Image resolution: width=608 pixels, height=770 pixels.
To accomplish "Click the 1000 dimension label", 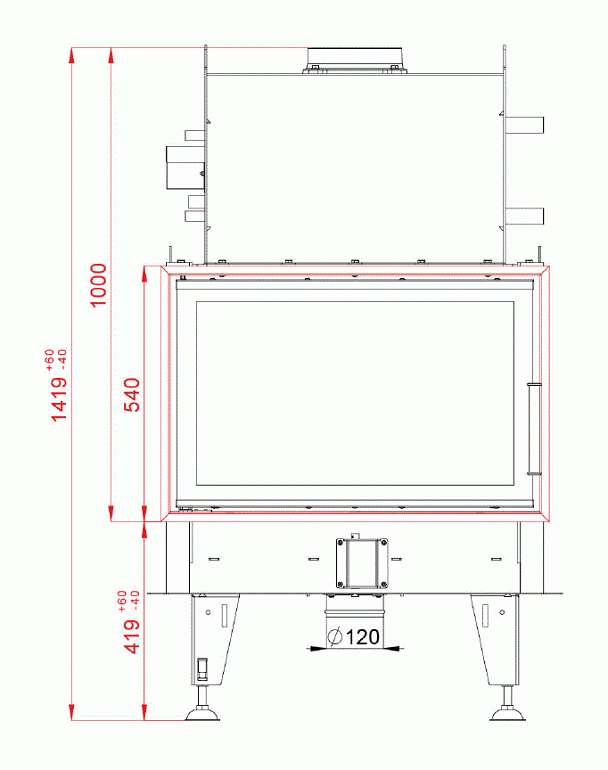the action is pos(98,285).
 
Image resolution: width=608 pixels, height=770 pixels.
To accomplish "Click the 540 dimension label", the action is pos(132,395).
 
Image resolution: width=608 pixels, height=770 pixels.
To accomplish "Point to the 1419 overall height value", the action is pos(59,398).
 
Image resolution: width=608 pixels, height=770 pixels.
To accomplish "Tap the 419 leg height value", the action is pos(132,636).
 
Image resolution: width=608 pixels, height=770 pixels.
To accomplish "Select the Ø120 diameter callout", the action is pos(354,637).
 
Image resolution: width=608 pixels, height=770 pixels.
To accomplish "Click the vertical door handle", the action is pos(534,430).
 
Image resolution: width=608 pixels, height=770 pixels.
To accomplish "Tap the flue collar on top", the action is pos(355,61).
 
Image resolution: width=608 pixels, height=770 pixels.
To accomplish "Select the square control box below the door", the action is pos(362,563).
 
